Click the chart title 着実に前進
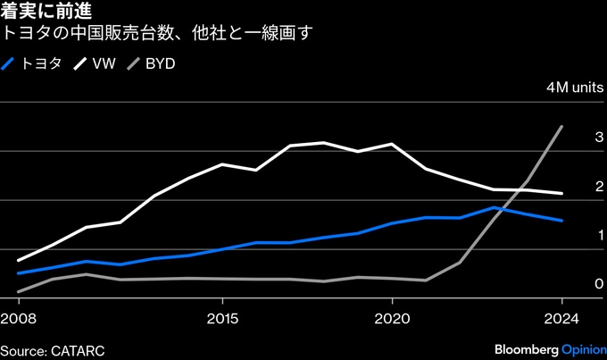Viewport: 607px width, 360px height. (42, 13)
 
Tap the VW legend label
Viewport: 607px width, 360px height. (104, 63)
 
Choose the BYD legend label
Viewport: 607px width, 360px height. (160, 63)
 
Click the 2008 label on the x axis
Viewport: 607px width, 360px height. (19, 318)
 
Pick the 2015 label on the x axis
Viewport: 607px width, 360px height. (222, 318)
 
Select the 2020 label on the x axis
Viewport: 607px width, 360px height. (392, 318)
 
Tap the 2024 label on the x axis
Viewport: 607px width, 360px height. (561, 318)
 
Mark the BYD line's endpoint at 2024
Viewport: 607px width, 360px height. (561, 127)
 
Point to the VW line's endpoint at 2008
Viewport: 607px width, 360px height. (19, 260)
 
